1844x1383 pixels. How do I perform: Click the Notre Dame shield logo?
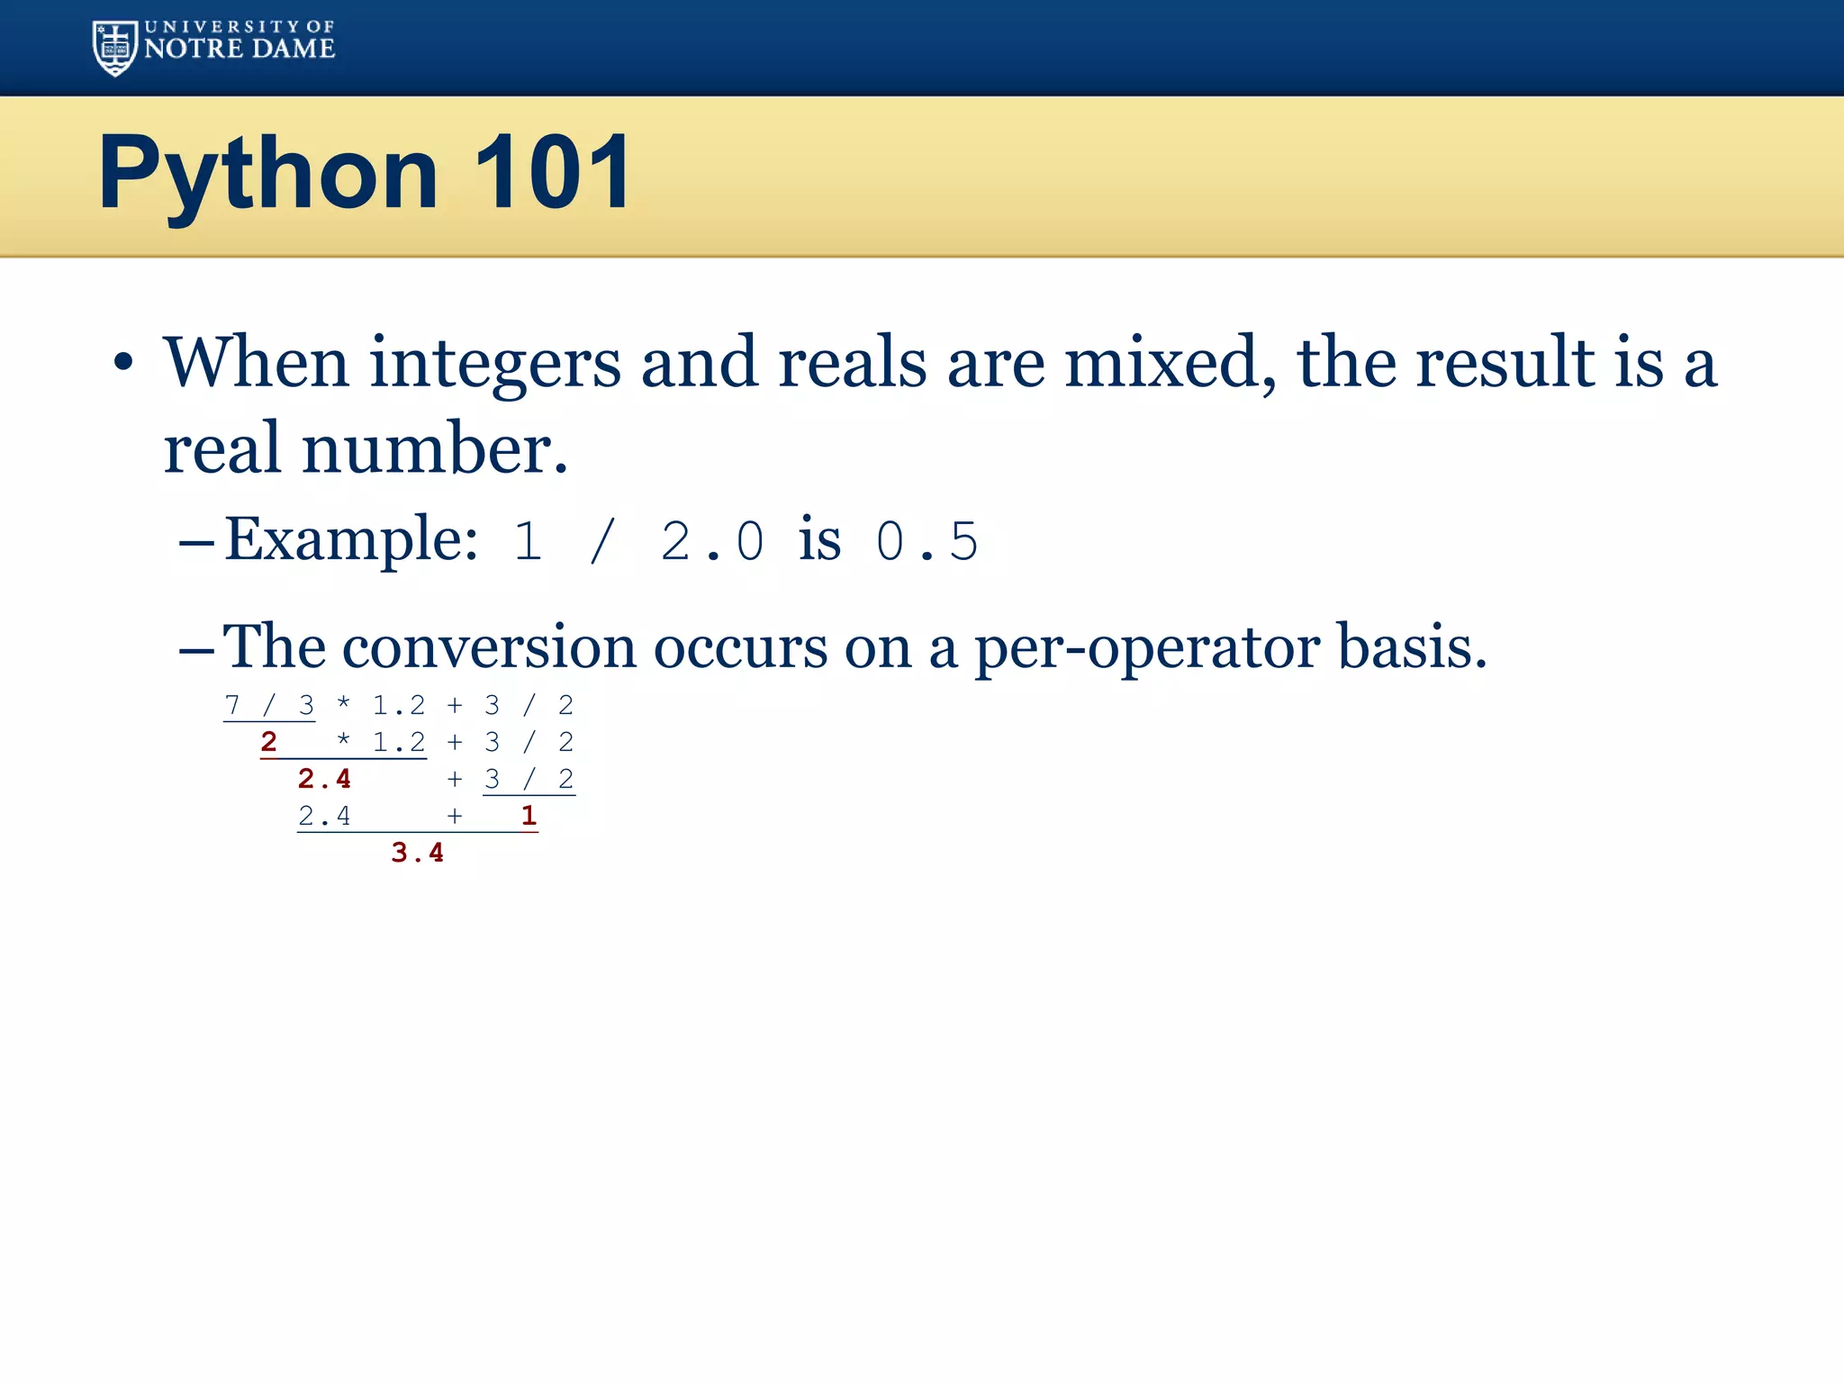pyautogui.click(x=114, y=48)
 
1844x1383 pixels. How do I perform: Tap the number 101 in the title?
pyautogui.click(x=552, y=173)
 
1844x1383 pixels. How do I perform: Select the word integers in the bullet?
pyautogui.click(x=495, y=362)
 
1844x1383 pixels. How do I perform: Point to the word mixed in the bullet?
pyautogui.click(x=1170, y=362)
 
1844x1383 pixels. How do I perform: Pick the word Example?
pyautogui.click(x=350, y=539)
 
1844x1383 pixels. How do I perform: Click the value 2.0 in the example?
pyautogui.click(x=712, y=541)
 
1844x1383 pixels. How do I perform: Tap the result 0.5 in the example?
pyautogui.click(x=927, y=541)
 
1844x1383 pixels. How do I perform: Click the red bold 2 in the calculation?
pyautogui.click(x=268, y=742)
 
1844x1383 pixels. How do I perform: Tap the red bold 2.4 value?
pyautogui.click(x=324, y=779)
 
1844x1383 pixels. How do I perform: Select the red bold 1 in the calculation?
pyautogui.click(x=529, y=816)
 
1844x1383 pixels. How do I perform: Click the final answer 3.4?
pyautogui.click(x=418, y=853)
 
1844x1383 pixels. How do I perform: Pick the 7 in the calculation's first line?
pyautogui.click(x=232, y=705)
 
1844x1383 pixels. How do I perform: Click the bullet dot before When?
pyautogui.click(x=123, y=364)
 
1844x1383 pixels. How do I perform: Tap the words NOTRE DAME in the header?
pyautogui.click(x=240, y=49)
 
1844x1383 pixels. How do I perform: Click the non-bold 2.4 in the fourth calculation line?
pyautogui.click(x=324, y=816)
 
